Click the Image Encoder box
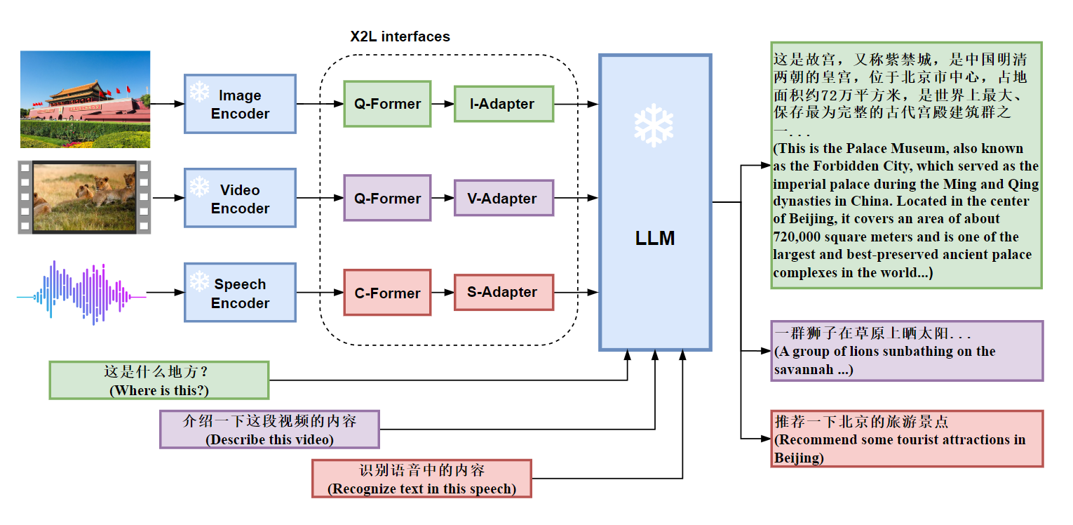click(x=240, y=104)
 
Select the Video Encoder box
click(x=240, y=199)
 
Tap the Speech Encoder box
click(x=240, y=293)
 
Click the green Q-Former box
click(x=387, y=104)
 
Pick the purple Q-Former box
click(x=387, y=199)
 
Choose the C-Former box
click(x=387, y=293)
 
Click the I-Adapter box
click(x=503, y=104)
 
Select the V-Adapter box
click(x=503, y=199)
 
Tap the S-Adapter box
click(x=503, y=292)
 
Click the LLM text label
click(x=654, y=239)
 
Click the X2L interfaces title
click(x=400, y=36)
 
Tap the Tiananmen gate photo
click(x=85, y=99)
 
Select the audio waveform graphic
click(x=81, y=293)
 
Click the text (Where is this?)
click(x=159, y=390)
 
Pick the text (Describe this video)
click(x=269, y=440)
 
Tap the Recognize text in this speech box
click(x=421, y=479)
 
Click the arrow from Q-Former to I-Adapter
click(x=443, y=104)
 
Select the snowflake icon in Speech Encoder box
click(x=199, y=281)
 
